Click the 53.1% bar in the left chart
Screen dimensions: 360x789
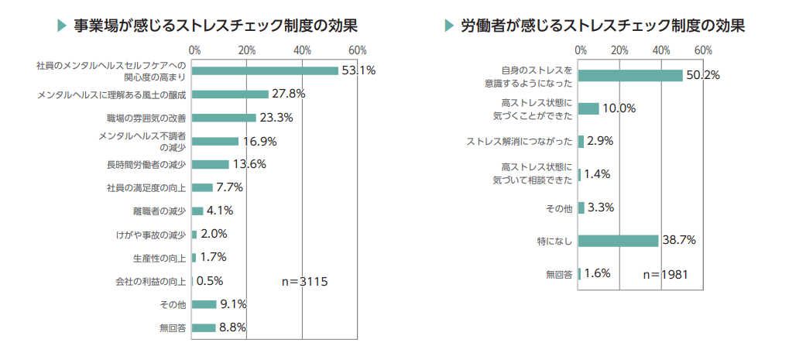265,70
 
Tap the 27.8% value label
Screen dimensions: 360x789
288,94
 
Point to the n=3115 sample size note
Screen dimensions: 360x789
304,281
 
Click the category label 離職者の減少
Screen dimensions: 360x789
160,211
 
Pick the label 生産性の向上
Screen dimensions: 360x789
160,258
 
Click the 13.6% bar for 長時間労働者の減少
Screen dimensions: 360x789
211,164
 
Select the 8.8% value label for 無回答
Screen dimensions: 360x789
232,327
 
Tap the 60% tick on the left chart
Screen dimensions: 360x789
357,50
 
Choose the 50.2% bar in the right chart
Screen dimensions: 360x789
630,75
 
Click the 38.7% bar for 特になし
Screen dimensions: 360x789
618,240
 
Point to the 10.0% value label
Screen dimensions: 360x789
619,108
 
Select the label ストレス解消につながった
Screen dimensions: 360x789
520,142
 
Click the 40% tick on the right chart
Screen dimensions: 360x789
661,50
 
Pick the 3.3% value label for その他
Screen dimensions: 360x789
601,207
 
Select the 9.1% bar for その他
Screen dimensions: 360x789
204,304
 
